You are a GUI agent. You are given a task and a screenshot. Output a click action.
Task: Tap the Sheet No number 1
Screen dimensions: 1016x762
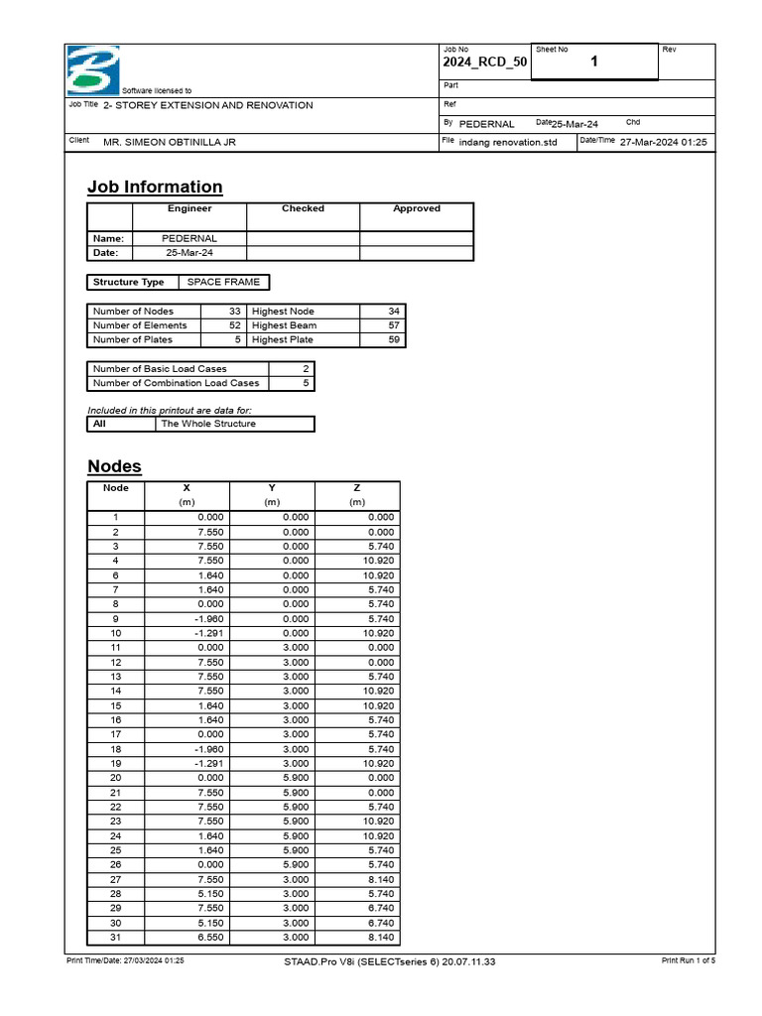tap(594, 63)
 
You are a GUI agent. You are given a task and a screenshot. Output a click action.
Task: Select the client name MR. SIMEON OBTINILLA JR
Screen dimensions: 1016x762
tap(170, 142)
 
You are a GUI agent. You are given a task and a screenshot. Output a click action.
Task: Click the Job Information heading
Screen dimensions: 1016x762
tap(155, 187)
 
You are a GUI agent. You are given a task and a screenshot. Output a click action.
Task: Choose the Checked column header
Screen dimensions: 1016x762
tap(303, 208)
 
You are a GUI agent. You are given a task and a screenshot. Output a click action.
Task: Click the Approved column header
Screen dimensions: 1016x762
tap(417, 208)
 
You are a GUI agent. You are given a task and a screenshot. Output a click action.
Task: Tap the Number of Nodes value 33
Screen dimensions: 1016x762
tap(235, 312)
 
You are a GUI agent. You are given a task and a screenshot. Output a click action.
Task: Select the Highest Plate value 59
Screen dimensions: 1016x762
tap(393, 339)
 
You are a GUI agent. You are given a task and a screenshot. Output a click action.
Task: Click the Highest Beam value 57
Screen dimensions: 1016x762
tap(393, 325)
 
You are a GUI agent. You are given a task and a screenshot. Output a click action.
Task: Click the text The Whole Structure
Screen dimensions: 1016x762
tap(208, 424)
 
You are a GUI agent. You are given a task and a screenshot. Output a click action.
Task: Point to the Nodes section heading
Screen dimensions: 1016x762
tap(114, 466)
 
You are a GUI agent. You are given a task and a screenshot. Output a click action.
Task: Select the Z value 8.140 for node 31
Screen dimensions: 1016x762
tap(379, 938)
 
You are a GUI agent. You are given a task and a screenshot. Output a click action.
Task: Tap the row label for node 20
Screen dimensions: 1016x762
tap(115, 778)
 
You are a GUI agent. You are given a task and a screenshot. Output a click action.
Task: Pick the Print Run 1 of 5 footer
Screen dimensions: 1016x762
tap(688, 961)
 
